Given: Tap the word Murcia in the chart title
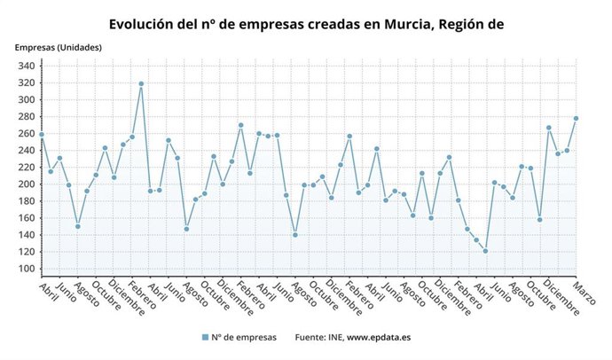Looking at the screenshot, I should pos(396,24).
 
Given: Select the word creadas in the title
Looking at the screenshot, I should pos(328,24).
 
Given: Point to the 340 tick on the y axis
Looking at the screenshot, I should pos(27,67).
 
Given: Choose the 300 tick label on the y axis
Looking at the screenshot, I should pos(27,100).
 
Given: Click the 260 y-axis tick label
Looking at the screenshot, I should pos(27,134).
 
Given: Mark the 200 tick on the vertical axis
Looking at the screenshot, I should pos(27,184).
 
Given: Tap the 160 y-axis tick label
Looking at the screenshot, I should pos(27,218).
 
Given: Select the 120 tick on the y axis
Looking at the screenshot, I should pos(27,252).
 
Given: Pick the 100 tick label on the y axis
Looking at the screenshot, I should pos(27,269).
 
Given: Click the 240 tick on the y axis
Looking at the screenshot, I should pos(27,151).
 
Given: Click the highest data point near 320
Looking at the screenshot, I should pos(141,84).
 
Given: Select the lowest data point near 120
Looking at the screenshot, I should pos(485,251).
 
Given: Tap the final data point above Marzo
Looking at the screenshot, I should pos(576,118).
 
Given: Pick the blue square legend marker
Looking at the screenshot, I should pos(205,337).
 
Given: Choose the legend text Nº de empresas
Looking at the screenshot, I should pos(245,337).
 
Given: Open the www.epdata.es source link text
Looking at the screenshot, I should pos(379,337).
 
